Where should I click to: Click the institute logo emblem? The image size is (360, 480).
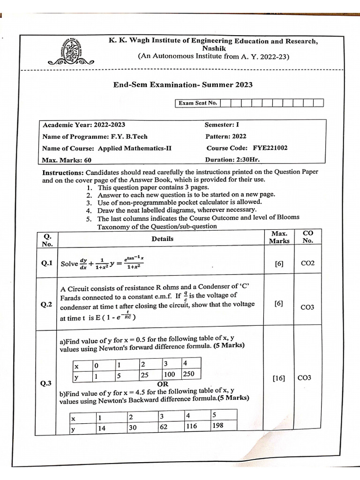click(71, 50)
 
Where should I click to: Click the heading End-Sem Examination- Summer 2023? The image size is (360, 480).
click(183, 84)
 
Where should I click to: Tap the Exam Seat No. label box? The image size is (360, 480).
click(197, 103)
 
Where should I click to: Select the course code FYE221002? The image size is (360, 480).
click(270, 148)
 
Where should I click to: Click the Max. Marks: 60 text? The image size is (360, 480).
click(67, 160)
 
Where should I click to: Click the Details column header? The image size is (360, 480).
click(163, 239)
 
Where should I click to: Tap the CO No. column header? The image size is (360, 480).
click(308, 237)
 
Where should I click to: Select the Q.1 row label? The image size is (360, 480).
click(46, 263)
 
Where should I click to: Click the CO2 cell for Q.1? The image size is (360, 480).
click(307, 263)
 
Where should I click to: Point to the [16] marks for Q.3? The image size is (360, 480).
click(278, 378)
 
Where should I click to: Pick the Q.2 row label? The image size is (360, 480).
click(46, 305)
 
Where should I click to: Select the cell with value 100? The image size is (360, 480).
click(170, 375)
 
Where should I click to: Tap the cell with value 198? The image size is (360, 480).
click(217, 426)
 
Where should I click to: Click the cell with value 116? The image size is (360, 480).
click(191, 426)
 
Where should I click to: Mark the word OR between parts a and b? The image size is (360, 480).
click(163, 384)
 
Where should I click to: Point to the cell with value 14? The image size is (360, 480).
click(102, 427)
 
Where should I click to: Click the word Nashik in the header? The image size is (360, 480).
click(214, 48)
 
